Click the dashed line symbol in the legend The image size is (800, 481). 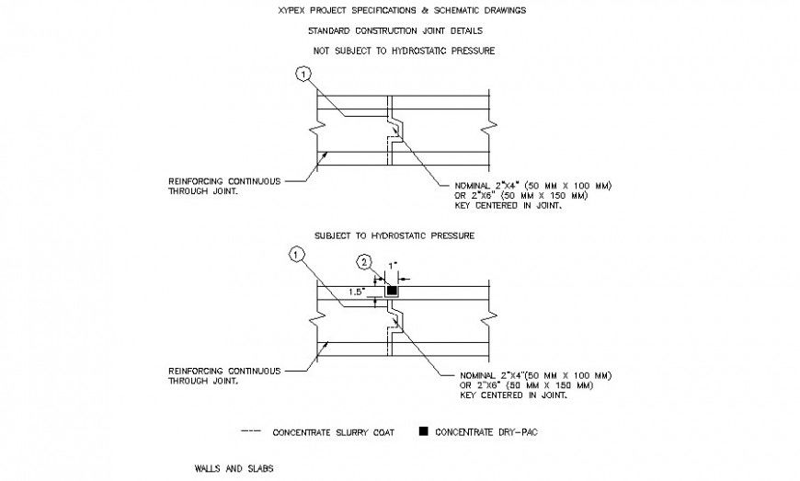pos(250,430)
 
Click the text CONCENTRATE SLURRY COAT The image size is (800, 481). pos(333,431)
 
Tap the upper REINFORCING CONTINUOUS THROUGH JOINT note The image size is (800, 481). pos(223,187)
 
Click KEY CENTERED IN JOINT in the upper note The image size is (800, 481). pos(501,206)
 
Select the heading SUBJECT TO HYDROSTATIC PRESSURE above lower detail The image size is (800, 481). pos(394,236)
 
